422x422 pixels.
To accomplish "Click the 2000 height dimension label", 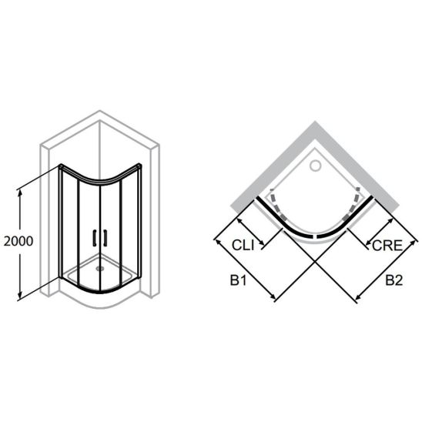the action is click(18, 241).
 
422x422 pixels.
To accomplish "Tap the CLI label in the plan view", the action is click(243, 245).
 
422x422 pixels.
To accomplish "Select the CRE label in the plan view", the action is click(387, 246).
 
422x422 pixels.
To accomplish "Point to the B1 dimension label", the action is click(238, 280).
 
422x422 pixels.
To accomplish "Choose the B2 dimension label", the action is click(394, 280).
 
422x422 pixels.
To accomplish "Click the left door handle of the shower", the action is click(95, 238).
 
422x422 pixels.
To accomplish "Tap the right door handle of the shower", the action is click(105, 238).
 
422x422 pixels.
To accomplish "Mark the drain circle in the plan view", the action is click(315, 166).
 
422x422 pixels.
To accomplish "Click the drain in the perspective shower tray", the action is click(100, 268).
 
